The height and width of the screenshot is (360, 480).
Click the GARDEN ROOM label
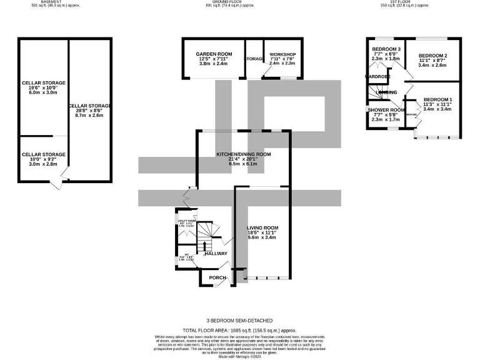214,54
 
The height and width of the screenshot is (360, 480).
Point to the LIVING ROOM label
262,227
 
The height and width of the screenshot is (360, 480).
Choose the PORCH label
217,277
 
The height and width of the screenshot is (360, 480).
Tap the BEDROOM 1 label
437,100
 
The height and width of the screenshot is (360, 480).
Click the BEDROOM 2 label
432,55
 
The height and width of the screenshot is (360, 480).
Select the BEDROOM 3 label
386,49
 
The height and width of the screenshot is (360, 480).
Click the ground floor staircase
206,236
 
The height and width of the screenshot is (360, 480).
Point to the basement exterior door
58,185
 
